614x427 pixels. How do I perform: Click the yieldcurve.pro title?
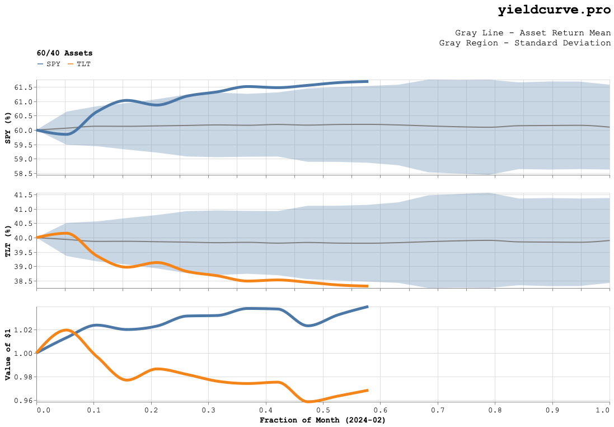coord(554,10)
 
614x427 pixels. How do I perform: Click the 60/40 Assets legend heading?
coord(64,53)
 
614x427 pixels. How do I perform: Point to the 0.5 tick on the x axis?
coord(323,410)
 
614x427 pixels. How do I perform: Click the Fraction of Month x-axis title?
coord(322,420)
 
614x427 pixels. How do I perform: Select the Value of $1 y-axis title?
coord(8,354)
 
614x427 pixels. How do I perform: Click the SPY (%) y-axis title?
coord(8,128)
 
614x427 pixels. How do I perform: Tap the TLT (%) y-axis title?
coord(8,241)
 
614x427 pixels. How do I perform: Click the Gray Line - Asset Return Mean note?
coord(532,33)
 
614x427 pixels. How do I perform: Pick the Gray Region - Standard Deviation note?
coord(524,43)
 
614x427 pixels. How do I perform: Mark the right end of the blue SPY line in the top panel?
coord(367,81)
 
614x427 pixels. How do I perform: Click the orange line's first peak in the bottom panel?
coord(66,329)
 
